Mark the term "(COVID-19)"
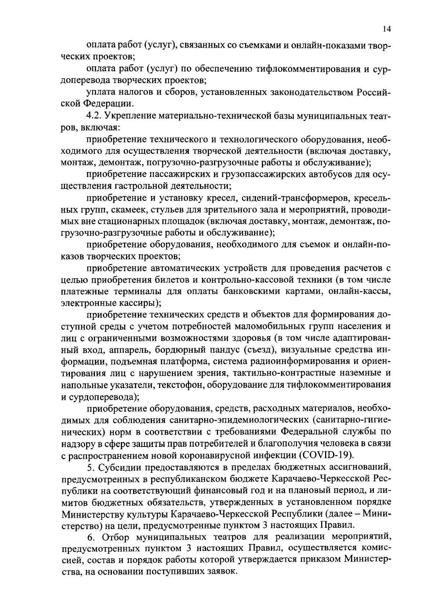point(328,454)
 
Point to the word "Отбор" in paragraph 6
point(116,537)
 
